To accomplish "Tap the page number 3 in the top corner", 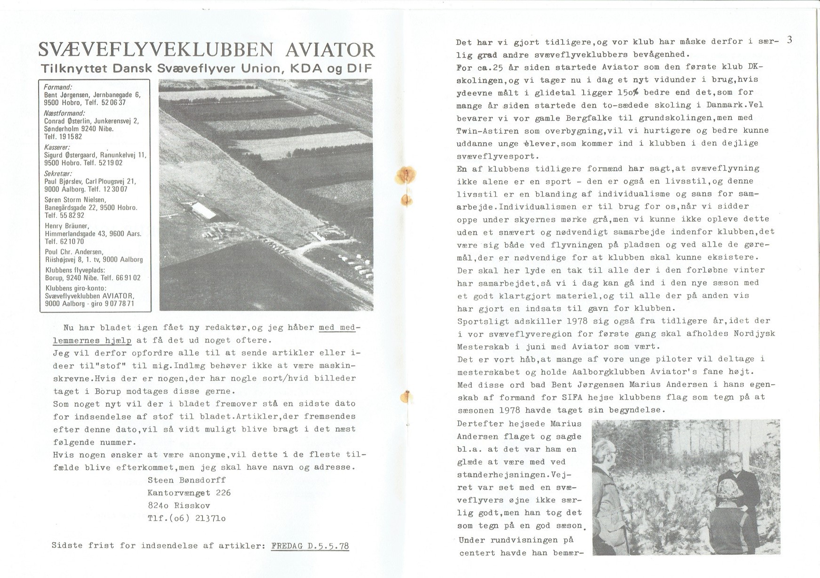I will [789, 40].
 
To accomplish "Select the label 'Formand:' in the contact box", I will [58, 88].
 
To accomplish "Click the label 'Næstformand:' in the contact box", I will [64, 113].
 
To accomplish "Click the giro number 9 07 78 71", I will [116, 304].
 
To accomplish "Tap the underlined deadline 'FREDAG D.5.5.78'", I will [310, 546].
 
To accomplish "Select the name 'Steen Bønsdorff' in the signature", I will [187, 480].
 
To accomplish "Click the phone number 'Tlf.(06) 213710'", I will [187, 518].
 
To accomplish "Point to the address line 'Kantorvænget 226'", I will [189, 493].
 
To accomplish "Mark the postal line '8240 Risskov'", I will [179, 506].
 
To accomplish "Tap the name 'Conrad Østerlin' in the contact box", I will [68, 121].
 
